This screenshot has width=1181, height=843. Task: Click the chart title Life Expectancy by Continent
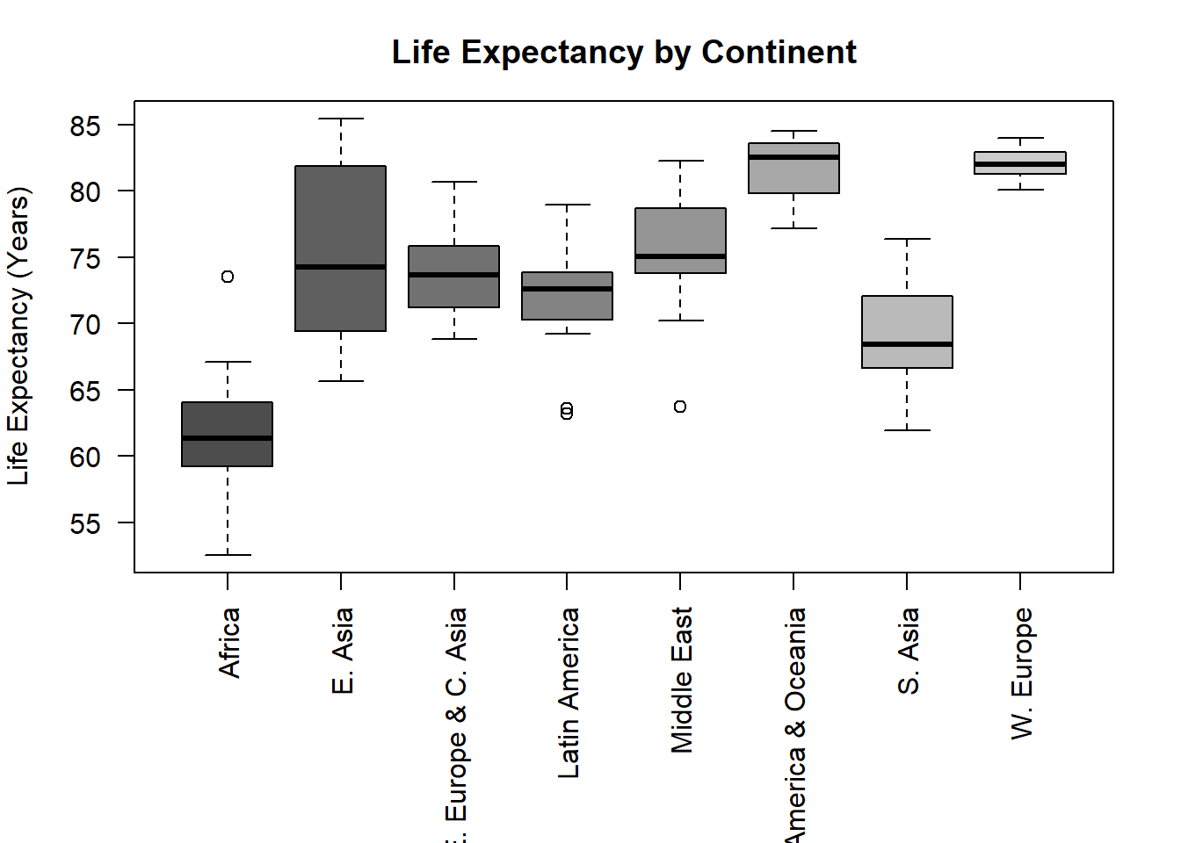tap(624, 53)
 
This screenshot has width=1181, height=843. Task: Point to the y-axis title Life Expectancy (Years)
tap(18, 336)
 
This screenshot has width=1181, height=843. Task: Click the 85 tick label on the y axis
tap(85, 126)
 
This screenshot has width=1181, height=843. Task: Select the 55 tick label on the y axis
tap(85, 524)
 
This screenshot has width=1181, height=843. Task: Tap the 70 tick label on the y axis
tap(85, 325)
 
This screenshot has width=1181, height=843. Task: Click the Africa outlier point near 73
tap(228, 277)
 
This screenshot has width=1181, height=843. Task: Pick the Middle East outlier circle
tap(680, 407)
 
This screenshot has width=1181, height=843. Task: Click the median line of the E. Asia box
tap(341, 267)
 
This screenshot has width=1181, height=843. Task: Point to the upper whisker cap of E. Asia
tap(341, 119)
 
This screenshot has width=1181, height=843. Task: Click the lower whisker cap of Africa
tap(228, 555)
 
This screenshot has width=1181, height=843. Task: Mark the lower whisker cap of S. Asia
tap(907, 430)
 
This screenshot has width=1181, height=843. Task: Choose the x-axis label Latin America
tap(569, 693)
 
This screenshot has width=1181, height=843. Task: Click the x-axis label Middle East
tap(682, 680)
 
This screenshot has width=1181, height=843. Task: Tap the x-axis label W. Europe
tap(1022, 674)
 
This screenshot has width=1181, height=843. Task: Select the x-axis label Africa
tap(229, 643)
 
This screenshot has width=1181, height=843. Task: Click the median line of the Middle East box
tap(680, 256)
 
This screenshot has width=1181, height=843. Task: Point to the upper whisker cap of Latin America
tap(567, 205)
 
